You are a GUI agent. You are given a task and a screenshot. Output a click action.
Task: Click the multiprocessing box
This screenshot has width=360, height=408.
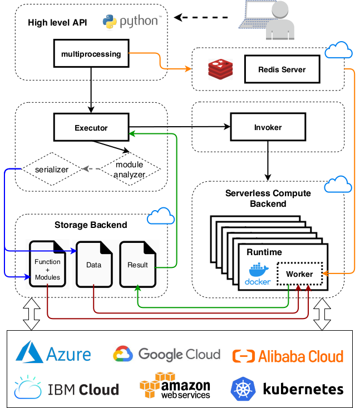[91, 54]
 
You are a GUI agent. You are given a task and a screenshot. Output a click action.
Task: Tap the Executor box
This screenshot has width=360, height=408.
[91, 127]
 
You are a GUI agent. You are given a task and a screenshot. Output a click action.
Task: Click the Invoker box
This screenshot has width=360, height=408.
[268, 127]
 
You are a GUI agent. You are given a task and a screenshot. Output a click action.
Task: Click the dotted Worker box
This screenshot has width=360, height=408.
[299, 273]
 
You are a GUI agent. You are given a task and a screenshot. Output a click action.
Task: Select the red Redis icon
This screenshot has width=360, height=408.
[219, 70]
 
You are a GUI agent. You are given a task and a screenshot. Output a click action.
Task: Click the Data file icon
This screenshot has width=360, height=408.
[93, 264]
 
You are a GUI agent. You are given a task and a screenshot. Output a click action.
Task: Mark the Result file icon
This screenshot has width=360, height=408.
[137, 264]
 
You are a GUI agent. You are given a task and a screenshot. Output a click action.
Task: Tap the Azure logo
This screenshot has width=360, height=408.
[53, 354]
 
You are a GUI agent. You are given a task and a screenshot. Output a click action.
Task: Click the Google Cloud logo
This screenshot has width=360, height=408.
[166, 354]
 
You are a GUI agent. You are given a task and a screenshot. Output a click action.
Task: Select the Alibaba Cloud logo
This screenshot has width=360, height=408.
[288, 356]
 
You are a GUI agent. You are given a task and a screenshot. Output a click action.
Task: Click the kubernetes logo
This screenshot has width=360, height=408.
[287, 389]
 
